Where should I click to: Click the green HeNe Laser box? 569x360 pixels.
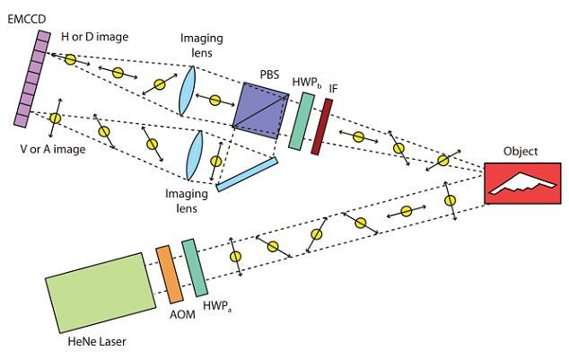[x=101, y=293]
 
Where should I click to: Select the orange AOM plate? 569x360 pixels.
[x=169, y=275]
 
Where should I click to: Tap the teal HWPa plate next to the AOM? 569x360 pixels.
[x=195, y=268]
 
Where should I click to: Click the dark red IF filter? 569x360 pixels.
[x=321, y=127]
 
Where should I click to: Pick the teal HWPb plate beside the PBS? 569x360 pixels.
[x=302, y=121]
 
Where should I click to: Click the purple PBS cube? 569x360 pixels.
[x=260, y=110]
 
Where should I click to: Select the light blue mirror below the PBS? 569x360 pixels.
[x=247, y=174]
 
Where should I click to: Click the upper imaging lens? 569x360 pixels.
[x=188, y=91]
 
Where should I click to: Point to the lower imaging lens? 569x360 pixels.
[x=194, y=155]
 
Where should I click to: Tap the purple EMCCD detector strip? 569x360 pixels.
[x=32, y=79]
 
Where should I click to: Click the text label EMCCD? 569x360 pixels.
[x=27, y=19]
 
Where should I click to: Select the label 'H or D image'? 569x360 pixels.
[x=95, y=37]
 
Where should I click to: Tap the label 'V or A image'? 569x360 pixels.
[x=53, y=149]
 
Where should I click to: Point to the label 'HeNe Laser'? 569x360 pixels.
[x=97, y=341]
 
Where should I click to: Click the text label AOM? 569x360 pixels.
[x=182, y=314]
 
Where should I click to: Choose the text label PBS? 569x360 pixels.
[x=269, y=75]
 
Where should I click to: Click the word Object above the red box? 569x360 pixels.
[x=521, y=152]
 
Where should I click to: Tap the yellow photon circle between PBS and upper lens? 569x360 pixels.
[x=215, y=101]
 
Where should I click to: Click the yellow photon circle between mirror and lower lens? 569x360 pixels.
[x=216, y=161]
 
